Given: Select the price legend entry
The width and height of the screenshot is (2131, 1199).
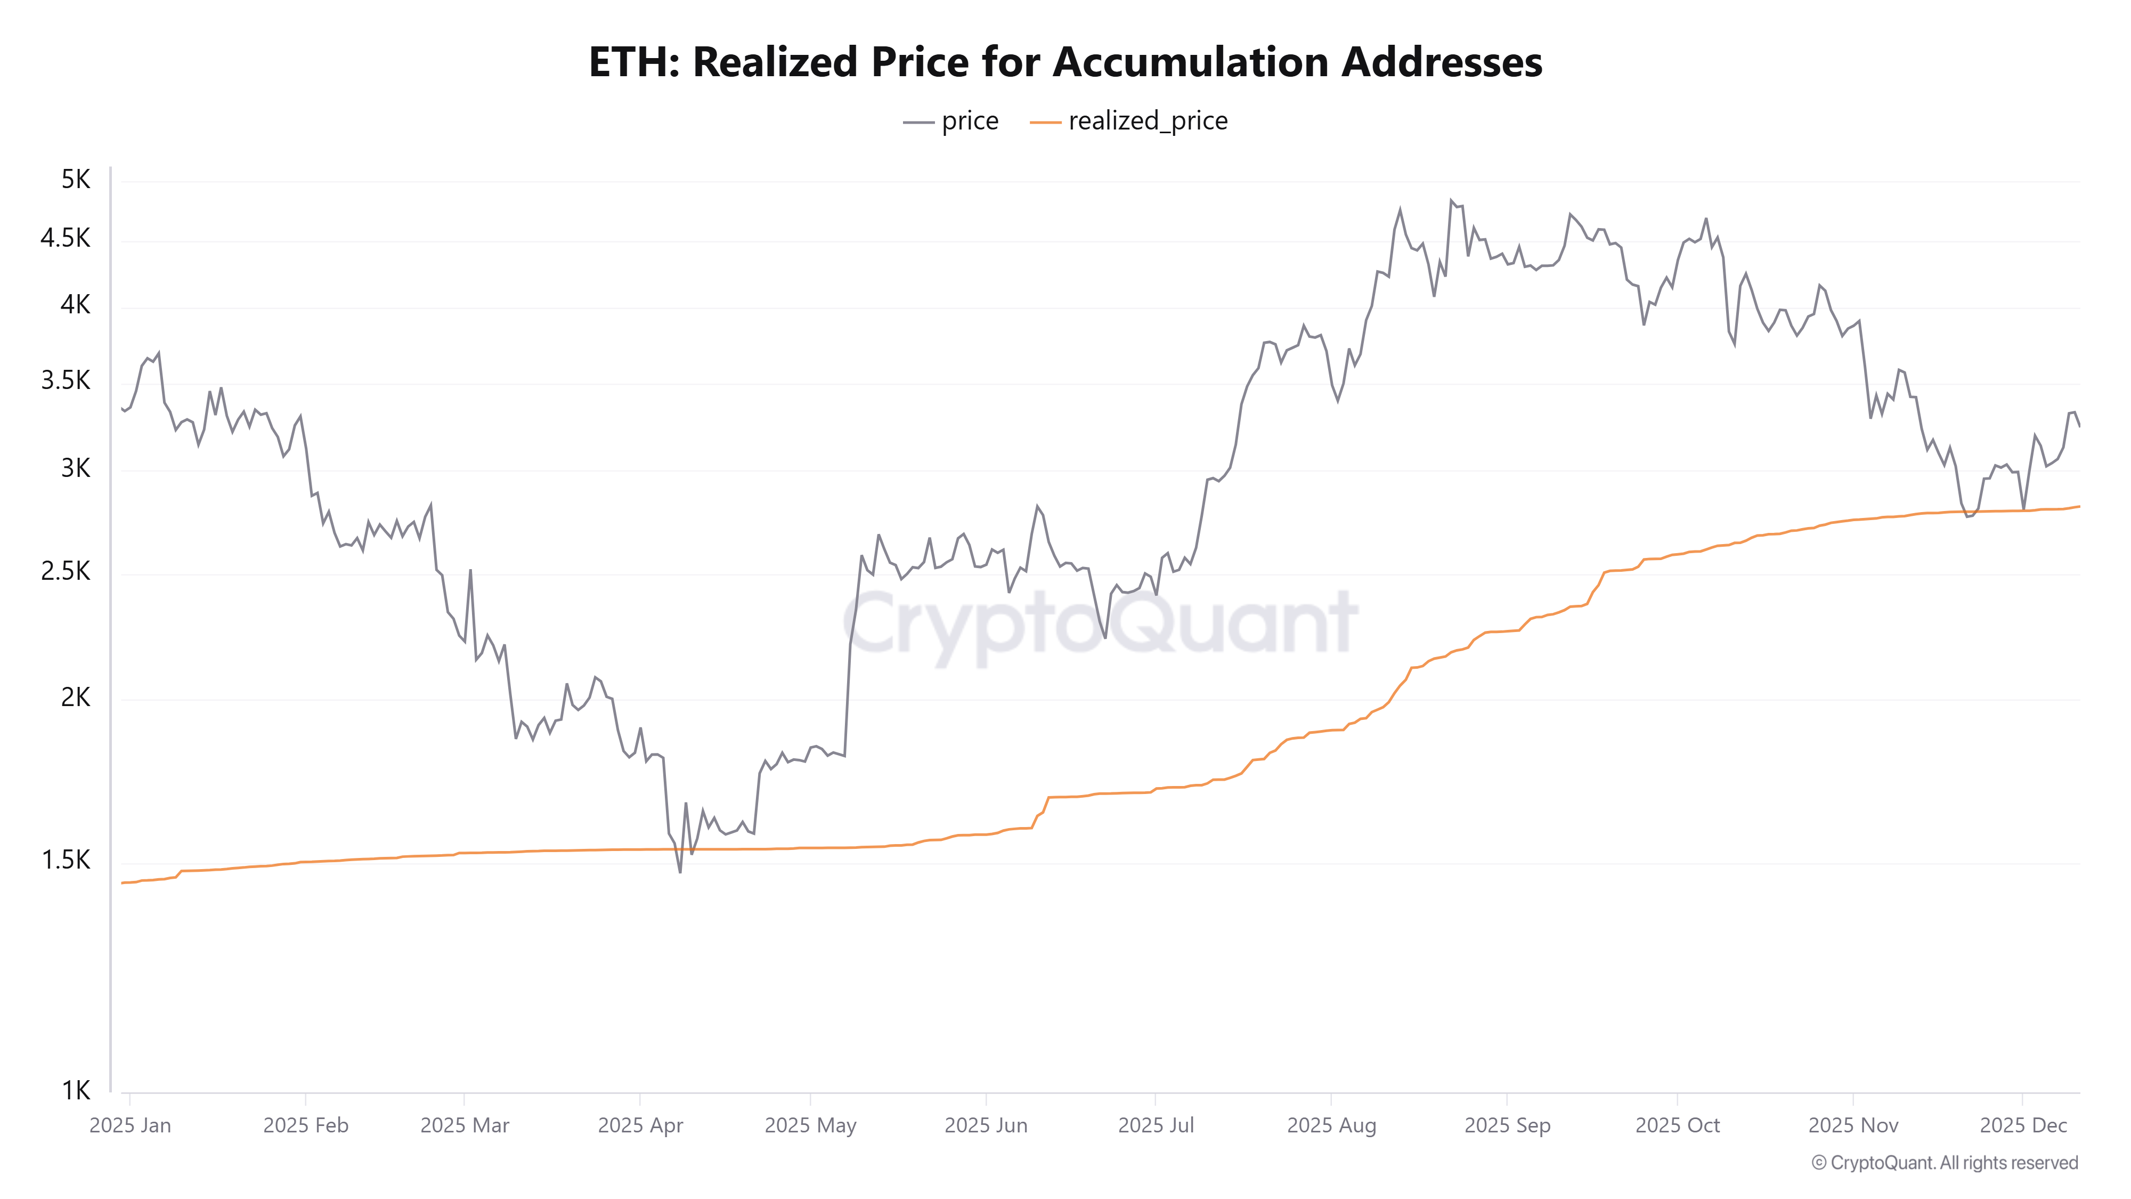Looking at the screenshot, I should (951, 121).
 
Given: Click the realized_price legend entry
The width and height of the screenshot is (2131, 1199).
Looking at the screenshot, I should (1129, 121).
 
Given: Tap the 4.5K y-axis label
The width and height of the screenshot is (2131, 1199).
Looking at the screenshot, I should (66, 238).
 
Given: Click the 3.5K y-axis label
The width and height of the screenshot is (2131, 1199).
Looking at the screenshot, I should (66, 380).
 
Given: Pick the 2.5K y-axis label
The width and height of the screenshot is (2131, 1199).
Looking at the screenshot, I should (66, 571).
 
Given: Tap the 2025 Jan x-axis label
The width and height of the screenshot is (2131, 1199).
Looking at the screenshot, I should (130, 1125).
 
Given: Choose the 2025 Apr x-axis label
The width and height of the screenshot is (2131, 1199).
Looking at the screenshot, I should (640, 1125).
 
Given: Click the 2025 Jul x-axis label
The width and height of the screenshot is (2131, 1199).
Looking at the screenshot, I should (1156, 1125).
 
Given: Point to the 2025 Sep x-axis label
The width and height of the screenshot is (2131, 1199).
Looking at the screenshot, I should (1507, 1125).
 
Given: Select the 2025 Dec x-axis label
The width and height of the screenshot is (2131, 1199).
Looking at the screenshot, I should (2023, 1125).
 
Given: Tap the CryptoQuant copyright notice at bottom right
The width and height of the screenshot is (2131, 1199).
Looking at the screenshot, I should (1944, 1163).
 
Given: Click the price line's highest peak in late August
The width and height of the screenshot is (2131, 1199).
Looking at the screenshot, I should (1451, 200).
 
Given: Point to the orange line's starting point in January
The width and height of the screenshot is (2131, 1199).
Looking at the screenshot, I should (123, 883).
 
